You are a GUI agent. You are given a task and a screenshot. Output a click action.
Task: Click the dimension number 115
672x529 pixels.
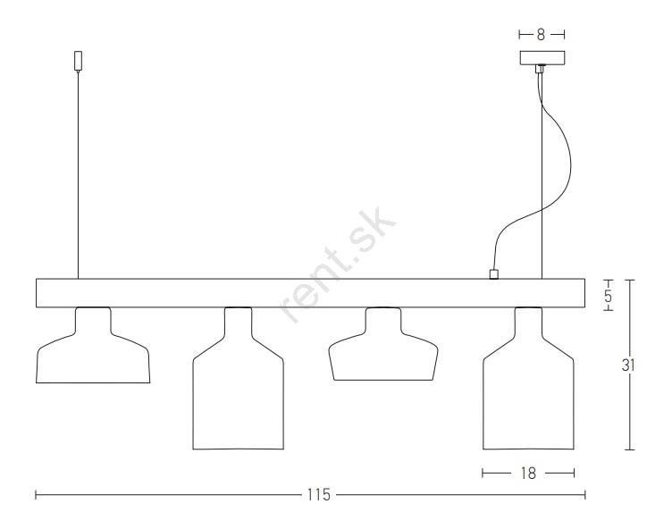pyautogui.click(x=319, y=495)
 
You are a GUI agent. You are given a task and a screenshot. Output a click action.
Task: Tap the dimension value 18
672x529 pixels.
pyautogui.click(x=528, y=474)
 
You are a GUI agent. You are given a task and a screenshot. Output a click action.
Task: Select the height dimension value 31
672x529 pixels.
pyautogui.click(x=628, y=365)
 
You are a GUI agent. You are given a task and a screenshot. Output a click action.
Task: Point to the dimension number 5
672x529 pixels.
pyautogui.click(x=609, y=296)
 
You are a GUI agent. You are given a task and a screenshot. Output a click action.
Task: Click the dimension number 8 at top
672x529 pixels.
pyautogui.click(x=541, y=35)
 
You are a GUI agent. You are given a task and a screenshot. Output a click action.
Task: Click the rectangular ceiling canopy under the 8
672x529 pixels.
pyautogui.click(x=542, y=58)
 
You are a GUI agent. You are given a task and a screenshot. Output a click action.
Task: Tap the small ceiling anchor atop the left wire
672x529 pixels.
pyautogui.click(x=78, y=61)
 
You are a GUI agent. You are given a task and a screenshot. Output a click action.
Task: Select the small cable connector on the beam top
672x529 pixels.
pyautogui.click(x=493, y=274)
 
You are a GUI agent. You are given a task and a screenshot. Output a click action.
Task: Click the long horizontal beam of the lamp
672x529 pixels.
pyautogui.click(x=311, y=293)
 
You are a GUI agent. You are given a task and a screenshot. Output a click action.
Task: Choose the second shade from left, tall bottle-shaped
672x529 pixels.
pyautogui.click(x=238, y=378)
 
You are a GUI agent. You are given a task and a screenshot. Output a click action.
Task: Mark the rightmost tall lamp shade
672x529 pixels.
pyautogui.click(x=528, y=378)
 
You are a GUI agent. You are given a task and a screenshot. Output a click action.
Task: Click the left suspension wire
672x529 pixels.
pyautogui.click(x=78, y=175)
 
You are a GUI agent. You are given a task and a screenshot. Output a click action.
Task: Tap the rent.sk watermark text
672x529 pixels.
pyautogui.click(x=337, y=264)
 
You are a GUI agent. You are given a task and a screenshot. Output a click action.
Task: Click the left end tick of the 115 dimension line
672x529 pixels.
pyautogui.click(x=36, y=495)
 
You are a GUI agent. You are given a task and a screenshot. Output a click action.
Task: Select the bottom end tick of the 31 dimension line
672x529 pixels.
pyautogui.click(x=629, y=449)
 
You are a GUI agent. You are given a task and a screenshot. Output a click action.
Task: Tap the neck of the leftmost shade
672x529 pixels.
pyautogui.click(x=93, y=319)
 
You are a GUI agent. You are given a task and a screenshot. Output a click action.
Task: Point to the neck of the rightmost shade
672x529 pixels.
pyautogui.click(x=528, y=322)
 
